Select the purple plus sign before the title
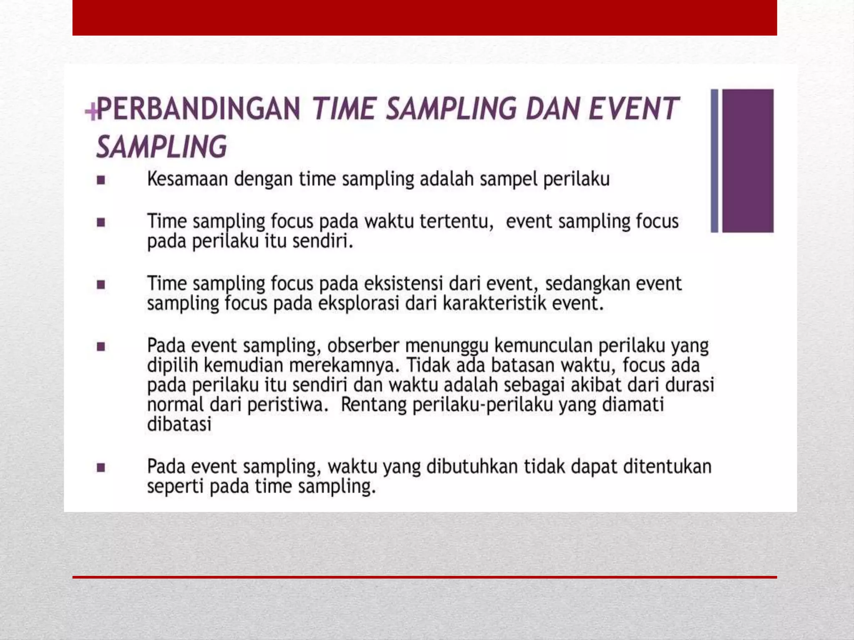(91, 111)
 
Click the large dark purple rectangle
(748, 160)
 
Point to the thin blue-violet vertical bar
(714, 160)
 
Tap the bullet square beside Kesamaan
(101, 180)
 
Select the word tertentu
(456, 221)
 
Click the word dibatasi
(179, 425)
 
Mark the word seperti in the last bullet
(175, 487)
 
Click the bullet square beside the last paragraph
(101, 467)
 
